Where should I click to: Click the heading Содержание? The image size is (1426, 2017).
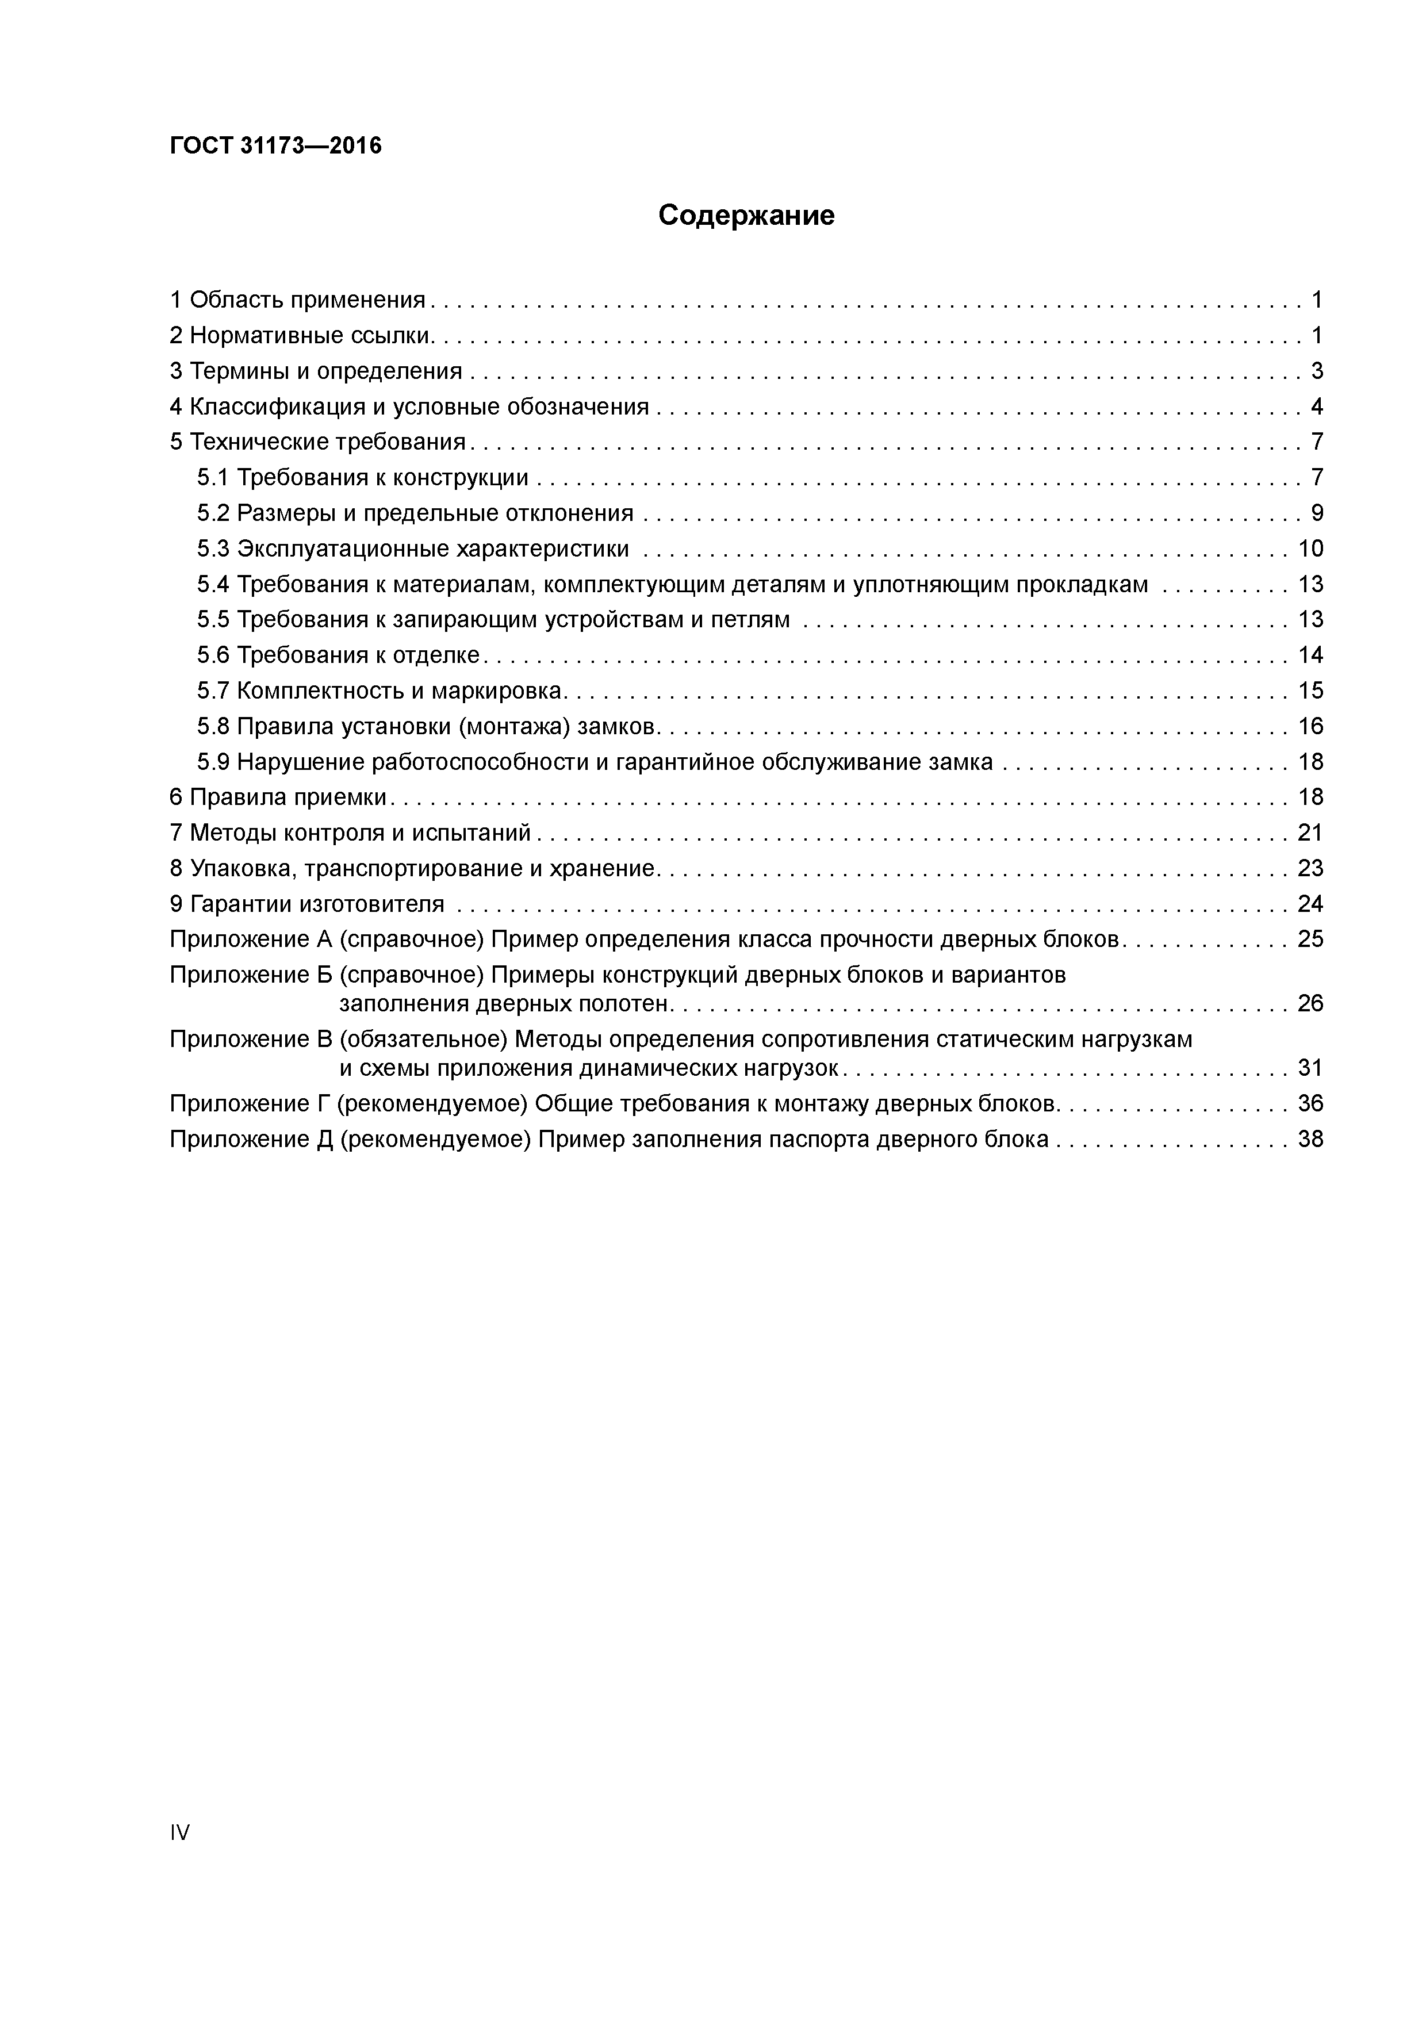click(x=746, y=215)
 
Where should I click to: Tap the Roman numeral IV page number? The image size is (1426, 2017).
click(x=179, y=1832)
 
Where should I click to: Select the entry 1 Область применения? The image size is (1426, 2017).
click(x=297, y=301)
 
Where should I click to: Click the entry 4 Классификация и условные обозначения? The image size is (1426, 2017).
click(x=409, y=407)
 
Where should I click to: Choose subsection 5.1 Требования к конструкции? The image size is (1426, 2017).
click(x=363, y=478)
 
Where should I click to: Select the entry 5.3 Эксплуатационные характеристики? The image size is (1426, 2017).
click(x=413, y=549)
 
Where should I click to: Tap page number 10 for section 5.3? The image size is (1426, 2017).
click(x=1310, y=549)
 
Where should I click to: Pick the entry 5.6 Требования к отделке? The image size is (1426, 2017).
click(x=338, y=655)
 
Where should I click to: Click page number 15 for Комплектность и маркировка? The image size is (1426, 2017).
click(x=1310, y=691)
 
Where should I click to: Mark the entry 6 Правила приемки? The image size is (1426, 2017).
click(x=278, y=797)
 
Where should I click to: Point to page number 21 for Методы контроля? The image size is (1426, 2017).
click(x=1310, y=833)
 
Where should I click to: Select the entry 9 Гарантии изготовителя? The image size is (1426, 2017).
click(x=306, y=904)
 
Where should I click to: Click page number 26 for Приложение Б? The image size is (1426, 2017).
click(x=1310, y=1003)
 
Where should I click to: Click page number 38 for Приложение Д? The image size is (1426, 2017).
click(x=1310, y=1140)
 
